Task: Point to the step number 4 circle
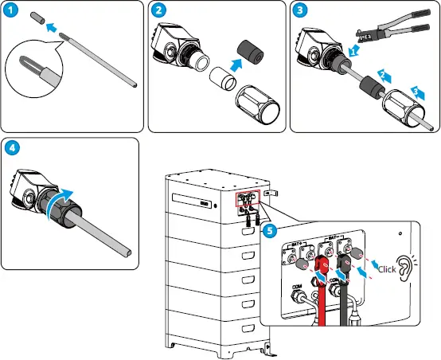12,148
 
